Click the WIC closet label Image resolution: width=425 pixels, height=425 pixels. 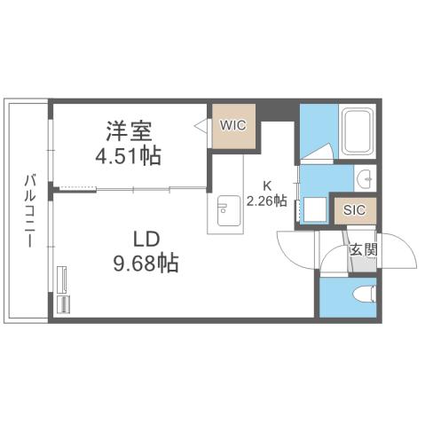pos(234,125)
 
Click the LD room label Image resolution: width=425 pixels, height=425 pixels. pos(146,240)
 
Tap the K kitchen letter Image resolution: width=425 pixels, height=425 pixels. pos(265,185)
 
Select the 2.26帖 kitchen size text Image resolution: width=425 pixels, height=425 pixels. pos(267,201)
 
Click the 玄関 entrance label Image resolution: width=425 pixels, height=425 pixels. pos(362,249)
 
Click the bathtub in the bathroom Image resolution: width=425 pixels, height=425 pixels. pos(358,132)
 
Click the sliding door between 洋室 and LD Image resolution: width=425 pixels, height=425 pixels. pos(133,188)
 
